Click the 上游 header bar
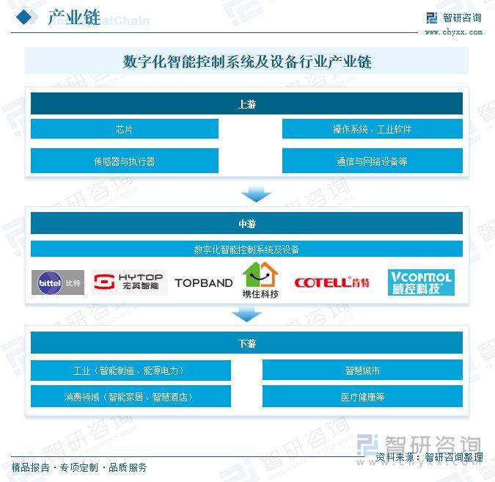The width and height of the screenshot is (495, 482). click(246, 103)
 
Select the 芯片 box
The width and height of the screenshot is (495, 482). click(125, 128)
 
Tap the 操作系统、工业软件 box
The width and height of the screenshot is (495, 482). click(373, 128)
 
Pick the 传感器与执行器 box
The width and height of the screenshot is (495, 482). click(125, 161)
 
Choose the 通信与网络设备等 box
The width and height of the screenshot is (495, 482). click(373, 161)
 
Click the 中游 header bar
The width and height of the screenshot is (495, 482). click(246, 223)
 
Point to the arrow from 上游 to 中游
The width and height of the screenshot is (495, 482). click(256, 193)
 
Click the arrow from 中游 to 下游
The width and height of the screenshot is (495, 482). click(246, 313)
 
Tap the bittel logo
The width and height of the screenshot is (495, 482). click(58, 282)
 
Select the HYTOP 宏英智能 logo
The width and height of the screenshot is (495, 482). click(129, 282)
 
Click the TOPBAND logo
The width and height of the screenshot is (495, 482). click(204, 283)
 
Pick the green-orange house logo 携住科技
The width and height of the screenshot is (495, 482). click(260, 280)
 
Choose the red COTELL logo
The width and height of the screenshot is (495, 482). click(331, 282)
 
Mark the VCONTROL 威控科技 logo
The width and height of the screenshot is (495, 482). click(421, 282)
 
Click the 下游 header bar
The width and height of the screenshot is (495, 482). click(246, 343)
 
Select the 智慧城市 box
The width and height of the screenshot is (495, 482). click(362, 370)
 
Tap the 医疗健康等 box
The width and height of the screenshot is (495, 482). click(362, 396)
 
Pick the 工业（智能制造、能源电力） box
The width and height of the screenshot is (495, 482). click(131, 370)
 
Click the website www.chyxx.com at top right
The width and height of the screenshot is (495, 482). click(453, 32)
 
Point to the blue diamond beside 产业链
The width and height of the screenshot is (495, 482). click(24, 17)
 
